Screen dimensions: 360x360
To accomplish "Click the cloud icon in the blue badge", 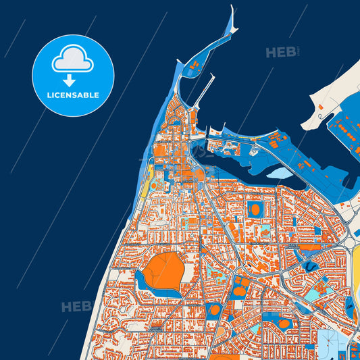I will [72, 59].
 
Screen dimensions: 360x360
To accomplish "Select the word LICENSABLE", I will [72, 95].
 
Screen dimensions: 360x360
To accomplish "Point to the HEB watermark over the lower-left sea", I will [77, 307].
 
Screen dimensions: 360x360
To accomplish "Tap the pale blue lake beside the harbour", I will [281, 174].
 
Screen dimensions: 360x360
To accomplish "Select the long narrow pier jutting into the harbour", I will [203, 91].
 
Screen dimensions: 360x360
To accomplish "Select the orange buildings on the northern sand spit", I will [197, 65].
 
